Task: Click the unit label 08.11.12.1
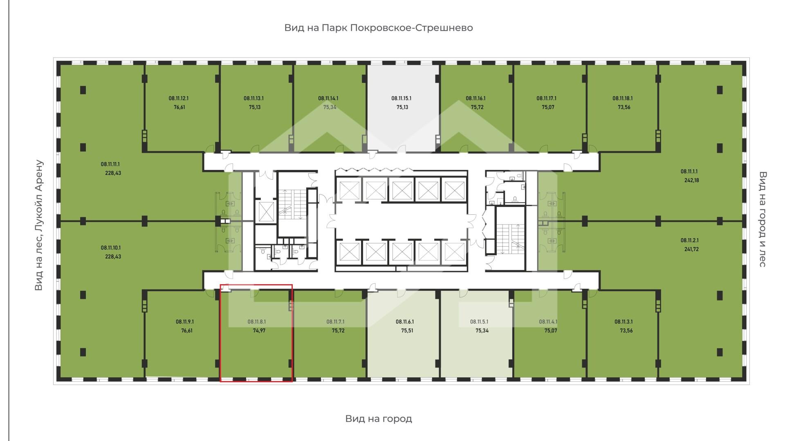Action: coord(178,98)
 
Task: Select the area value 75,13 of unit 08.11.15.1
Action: coord(402,107)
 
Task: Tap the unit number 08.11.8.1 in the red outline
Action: coord(257,322)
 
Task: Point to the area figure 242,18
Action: coord(692,180)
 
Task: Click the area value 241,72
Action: coord(691,249)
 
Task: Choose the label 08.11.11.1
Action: coord(111,165)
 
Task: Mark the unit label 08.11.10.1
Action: coord(111,248)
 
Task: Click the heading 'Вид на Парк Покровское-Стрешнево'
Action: coord(379,28)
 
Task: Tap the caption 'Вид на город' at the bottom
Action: coord(379,419)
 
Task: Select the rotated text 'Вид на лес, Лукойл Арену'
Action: coord(39,225)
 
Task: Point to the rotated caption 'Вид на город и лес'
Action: coord(763,219)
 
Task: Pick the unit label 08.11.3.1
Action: coord(624,322)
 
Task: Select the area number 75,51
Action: coord(407,331)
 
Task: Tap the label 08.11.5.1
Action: coord(479,322)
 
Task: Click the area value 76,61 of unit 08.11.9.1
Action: coord(186,331)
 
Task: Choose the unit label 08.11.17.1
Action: coord(546,98)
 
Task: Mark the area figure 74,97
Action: coord(259,331)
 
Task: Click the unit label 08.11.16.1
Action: coord(475,98)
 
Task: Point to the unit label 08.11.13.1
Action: coord(253,98)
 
